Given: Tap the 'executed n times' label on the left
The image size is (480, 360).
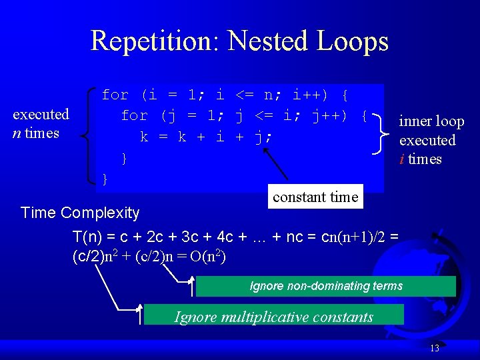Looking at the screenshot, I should [x=41, y=123].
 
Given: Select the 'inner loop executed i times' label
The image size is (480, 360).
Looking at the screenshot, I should [x=431, y=140].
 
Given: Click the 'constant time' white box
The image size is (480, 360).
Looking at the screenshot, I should [x=315, y=197].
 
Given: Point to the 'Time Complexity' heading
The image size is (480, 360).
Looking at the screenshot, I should [x=80, y=213].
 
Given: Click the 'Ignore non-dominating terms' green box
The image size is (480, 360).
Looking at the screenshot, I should [x=326, y=286].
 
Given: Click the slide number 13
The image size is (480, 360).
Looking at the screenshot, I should [x=435, y=348].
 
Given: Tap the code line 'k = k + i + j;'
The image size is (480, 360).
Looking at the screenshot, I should [x=207, y=137].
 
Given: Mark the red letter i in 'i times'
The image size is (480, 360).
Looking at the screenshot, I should [x=402, y=159].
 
